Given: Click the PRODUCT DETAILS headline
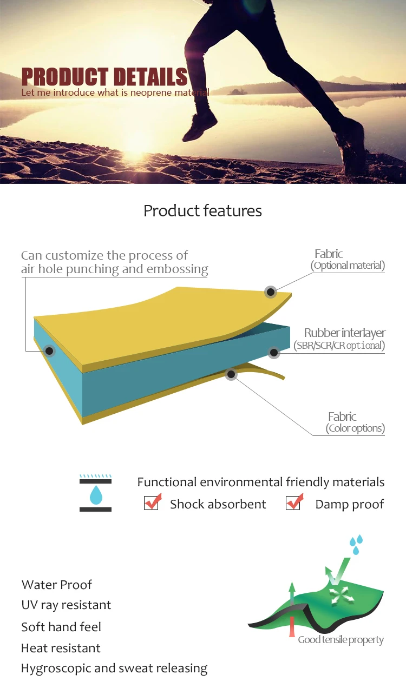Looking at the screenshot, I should click(104, 77).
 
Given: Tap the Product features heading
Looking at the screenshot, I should click(202, 210).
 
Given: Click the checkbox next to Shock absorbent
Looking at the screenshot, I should click(151, 502).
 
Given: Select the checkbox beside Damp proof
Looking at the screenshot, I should click(294, 502).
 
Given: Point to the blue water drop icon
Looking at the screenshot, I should click(95, 494).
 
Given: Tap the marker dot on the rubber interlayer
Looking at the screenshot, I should click(274, 353).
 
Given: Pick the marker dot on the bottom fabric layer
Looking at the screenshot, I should click(231, 373).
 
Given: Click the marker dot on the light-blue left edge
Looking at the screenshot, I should click(50, 351).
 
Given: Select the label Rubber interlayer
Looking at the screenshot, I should click(344, 333).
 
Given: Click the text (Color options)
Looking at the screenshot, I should click(355, 429).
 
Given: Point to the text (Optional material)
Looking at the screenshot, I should click(348, 266).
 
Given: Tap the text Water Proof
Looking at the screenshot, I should click(57, 585).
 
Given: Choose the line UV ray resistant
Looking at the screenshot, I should click(66, 605).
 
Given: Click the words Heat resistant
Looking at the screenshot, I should click(61, 648).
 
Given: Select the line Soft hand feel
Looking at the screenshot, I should click(61, 627).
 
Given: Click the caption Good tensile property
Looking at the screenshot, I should click(340, 640).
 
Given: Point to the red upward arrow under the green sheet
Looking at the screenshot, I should click(292, 627).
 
